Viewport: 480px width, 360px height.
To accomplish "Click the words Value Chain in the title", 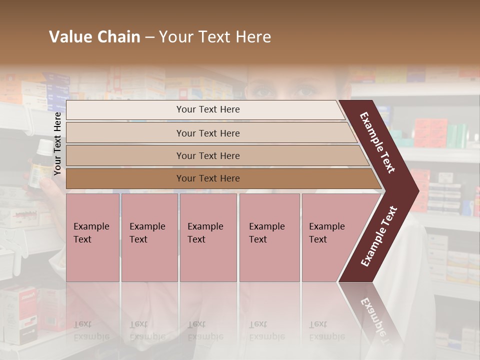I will (x=94, y=37).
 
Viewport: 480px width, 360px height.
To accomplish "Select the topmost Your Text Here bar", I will (x=207, y=109).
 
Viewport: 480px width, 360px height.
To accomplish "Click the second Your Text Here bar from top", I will (x=207, y=133).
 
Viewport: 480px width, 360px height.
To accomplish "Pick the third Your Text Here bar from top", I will (x=207, y=155).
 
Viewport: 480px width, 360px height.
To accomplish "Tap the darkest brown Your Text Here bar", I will (x=207, y=178).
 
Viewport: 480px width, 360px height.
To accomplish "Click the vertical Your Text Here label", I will (x=57, y=143).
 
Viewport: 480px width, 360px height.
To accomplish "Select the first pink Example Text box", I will (x=92, y=237).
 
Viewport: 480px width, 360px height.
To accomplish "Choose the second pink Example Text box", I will (x=149, y=237).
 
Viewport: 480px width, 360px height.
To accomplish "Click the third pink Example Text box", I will (x=208, y=237).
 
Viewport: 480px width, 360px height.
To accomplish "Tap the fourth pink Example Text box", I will (x=269, y=237).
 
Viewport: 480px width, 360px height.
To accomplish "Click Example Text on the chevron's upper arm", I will (x=377, y=142).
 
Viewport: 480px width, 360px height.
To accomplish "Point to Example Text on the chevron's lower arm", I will (x=379, y=236).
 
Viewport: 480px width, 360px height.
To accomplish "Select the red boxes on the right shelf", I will (x=430, y=132).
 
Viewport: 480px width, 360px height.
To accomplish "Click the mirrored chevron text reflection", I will (x=372, y=315).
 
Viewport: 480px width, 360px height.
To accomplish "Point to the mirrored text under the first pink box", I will (x=91, y=330).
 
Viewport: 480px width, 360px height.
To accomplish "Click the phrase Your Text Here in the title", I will (x=215, y=37).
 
